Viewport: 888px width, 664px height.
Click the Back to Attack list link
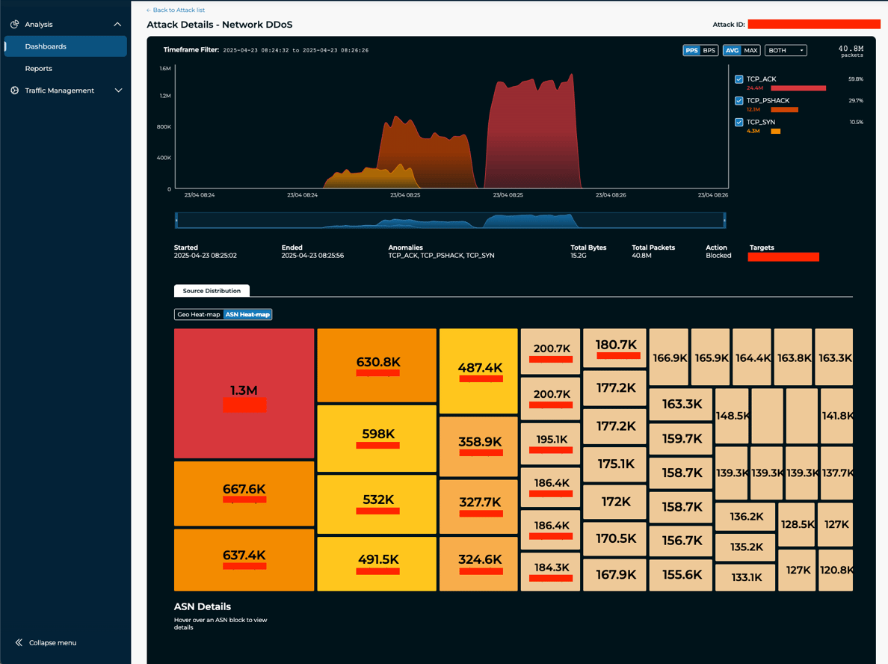point(176,10)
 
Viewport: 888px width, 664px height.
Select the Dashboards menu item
point(46,46)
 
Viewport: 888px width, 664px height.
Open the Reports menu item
point(39,68)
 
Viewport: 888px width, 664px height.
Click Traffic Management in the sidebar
point(60,90)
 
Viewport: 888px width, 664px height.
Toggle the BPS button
point(709,50)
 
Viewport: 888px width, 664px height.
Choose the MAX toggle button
point(750,50)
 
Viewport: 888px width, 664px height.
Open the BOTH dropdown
point(786,50)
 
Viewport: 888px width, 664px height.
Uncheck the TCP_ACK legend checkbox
point(739,79)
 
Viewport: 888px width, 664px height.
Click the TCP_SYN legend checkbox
point(739,122)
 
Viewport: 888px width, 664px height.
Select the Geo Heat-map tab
point(199,314)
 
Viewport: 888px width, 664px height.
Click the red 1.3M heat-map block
point(244,393)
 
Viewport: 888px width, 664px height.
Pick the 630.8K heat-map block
point(377,364)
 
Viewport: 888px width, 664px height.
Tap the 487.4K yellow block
point(478,370)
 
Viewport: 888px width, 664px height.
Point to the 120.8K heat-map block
point(836,570)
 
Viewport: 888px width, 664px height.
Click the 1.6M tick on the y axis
point(165,69)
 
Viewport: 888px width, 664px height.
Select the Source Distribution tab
point(212,291)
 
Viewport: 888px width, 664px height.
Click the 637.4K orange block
point(244,559)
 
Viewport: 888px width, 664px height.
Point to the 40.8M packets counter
point(851,50)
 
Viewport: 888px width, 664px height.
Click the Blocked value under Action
point(718,256)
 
